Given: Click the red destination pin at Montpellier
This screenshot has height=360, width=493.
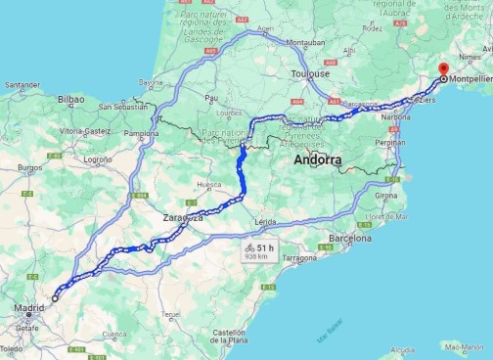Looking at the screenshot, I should coord(443,70).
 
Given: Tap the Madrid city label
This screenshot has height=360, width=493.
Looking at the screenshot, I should coord(28,309).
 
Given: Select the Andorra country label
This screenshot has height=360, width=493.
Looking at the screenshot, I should coord(318,158).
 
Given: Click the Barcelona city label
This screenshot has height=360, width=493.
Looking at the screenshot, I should coord(350,238).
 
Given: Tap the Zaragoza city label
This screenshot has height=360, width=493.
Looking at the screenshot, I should coord(183,217).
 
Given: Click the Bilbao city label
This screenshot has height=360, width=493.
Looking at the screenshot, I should coord(71,99).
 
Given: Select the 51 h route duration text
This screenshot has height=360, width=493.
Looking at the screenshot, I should coord(266,248).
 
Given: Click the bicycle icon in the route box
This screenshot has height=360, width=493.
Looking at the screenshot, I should coord(250,248).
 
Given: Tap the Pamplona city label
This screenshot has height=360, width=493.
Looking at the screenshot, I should coord(141,133).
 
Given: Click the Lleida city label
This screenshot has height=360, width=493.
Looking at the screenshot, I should coord(264,222).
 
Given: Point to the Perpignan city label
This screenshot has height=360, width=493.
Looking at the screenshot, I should coord(388,142).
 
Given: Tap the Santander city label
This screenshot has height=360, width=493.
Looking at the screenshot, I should coord(22,85).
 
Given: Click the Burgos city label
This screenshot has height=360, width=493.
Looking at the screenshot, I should coord(30,167).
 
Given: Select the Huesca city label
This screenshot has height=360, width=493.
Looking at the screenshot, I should coord(209,184).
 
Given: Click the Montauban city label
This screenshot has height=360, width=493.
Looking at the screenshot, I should coord(306,43).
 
